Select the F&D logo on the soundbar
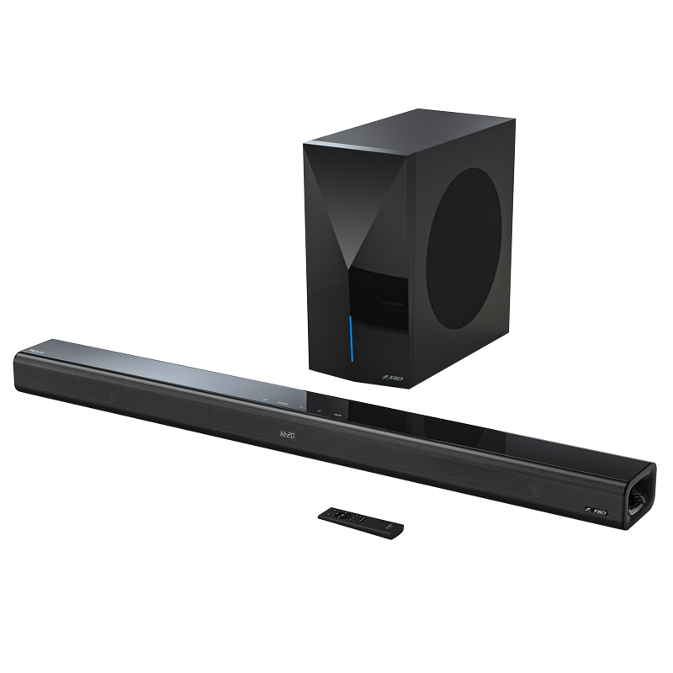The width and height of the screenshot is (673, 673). point(592,510)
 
